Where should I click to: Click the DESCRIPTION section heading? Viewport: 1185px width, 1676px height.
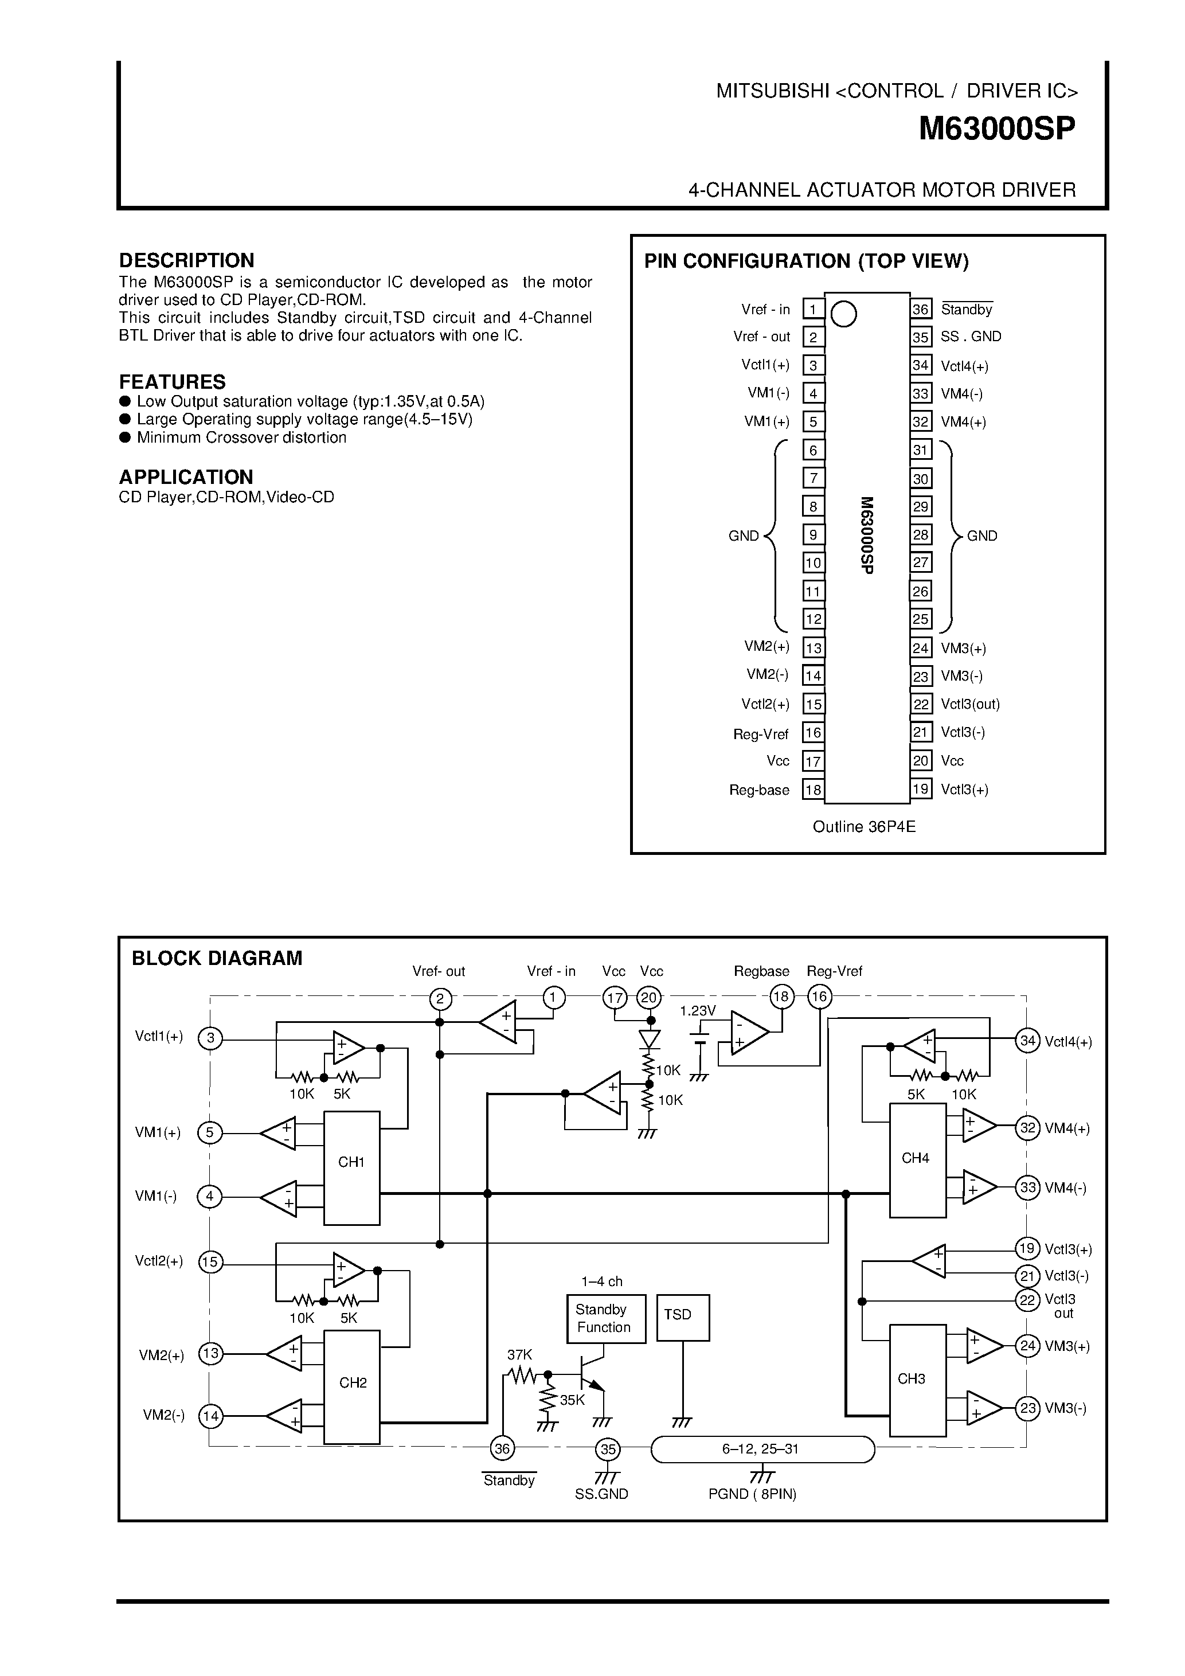(x=187, y=260)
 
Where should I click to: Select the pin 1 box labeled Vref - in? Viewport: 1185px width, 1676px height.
(x=813, y=310)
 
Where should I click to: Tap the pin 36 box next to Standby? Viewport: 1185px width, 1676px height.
(x=920, y=310)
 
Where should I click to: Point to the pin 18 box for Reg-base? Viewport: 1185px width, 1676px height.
(x=813, y=790)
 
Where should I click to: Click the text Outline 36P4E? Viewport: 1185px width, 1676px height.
(x=864, y=827)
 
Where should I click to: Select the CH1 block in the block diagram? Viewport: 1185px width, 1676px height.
(x=351, y=1162)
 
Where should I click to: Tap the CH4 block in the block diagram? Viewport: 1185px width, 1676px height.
(x=917, y=1158)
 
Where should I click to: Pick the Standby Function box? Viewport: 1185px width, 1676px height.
(x=605, y=1318)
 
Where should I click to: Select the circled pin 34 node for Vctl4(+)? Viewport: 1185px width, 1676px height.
(x=1027, y=1041)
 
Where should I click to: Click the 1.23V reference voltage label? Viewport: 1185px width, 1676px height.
(x=698, y=1011)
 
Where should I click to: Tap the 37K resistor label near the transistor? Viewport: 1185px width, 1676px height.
(x=519, y=1355)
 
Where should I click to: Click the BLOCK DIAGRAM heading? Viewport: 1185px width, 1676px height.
(x=217, y=959)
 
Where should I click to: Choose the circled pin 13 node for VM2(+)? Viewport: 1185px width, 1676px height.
(x=211, y=1353)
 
